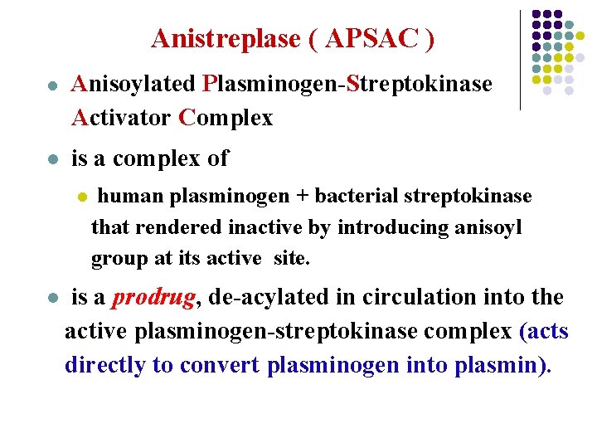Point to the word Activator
pos(122,118)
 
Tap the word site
pos(291,258)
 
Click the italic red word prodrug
pos(148,298)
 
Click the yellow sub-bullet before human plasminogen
pos(81,197)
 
